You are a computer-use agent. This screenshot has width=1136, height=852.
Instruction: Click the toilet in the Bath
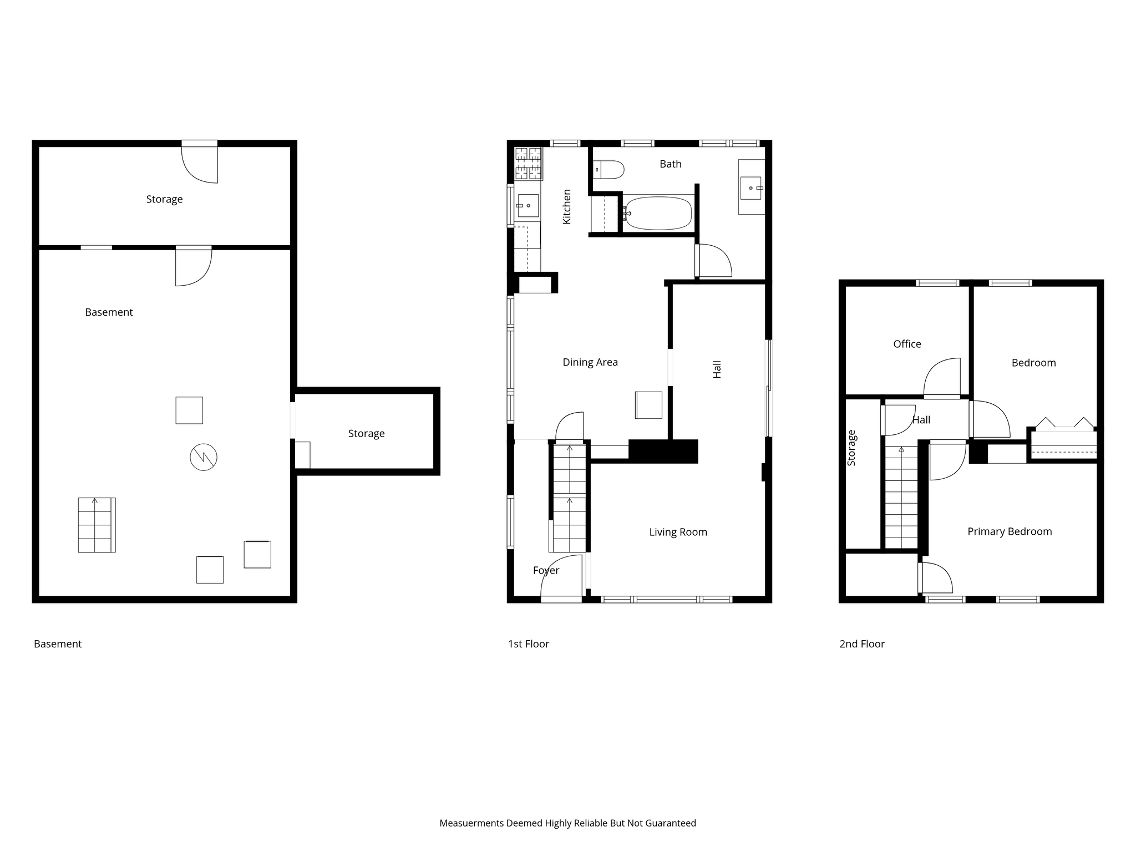pos(608,170)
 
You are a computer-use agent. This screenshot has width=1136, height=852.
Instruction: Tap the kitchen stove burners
pos(528,164)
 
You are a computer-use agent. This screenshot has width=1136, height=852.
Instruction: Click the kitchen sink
pos(528,205)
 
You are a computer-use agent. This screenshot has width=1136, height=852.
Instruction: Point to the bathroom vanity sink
pos(751,187)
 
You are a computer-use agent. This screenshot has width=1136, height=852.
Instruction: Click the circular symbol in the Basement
pos(204,458)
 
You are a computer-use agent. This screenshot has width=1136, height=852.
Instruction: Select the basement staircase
pos(97,525)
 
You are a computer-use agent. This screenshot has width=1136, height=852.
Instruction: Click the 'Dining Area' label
pos(590,362)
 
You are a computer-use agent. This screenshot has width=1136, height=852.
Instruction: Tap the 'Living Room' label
pos(678,532)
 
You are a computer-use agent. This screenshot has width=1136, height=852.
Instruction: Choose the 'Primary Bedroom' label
pos(1010,531)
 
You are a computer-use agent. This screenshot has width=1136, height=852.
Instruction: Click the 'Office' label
pos(907,344)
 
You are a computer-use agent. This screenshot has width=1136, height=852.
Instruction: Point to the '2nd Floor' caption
pos(862,644)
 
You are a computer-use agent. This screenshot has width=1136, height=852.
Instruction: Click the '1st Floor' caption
pos(529,644)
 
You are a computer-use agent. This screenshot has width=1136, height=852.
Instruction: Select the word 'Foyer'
pos(546,571)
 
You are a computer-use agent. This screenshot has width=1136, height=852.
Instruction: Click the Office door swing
pos(942,378)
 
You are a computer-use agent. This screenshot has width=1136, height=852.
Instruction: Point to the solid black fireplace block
pos(663,451)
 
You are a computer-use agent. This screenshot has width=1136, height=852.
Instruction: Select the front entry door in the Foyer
pos(561,579)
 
